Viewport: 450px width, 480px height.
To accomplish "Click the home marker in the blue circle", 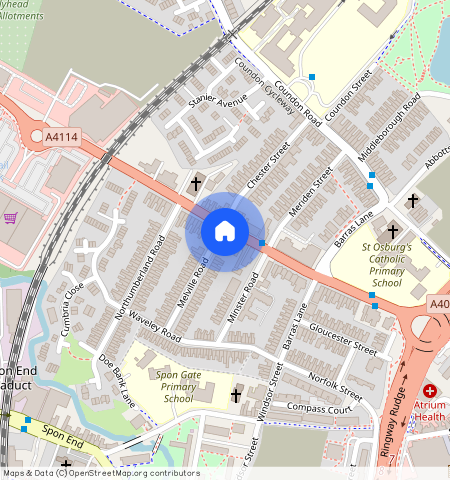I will [x=225, y=232].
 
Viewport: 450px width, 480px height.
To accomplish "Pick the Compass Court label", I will [x=320, y=409].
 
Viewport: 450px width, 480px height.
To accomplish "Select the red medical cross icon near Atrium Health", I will [x=430, y=391].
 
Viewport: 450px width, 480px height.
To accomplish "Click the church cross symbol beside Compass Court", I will [x=237, y=396].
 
